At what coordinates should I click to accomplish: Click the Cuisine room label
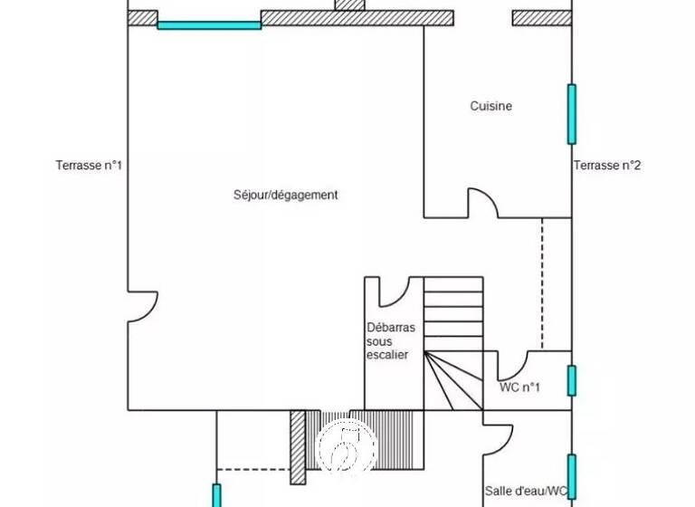click(x=490, y=106)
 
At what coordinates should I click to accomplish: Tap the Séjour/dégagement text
click(x=285, y=195)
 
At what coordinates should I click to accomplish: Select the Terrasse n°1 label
click(x=89, y=166)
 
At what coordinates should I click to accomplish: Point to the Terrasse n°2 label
click(x=606, y=166)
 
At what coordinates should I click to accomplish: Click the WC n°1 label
click(x=519, y=387)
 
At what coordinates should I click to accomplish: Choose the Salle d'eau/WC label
click(x=526, y=491)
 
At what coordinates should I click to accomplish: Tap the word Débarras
click(x=387, y=327)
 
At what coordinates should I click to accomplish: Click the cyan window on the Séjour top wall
click(x=209, y=24)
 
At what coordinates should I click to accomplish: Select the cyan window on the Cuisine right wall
click(x=571, y=114)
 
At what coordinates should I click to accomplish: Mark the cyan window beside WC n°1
click(x=571, y=380)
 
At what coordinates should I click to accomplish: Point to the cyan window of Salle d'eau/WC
click(x=571, y=476)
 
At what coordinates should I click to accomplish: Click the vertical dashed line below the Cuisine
click(x=541, y=283)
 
